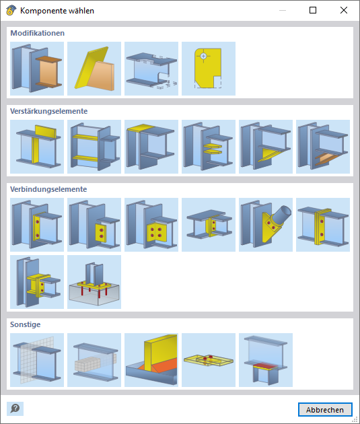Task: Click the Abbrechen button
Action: click(x=325, y=410)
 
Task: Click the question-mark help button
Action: click(x=15, y=409)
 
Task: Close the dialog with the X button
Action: click(x=344, y=10)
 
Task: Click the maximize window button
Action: click(x=313, y=10)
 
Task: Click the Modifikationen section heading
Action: click(x=37, y=33)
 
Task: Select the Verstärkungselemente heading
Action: click(x=48, y=111)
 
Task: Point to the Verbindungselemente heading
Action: click(x=48, y=189)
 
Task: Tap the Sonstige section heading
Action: click(x=25, y=324)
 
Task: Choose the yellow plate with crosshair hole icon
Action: click(x=209, y=69)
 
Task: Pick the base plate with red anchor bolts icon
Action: click(x=94, y=282)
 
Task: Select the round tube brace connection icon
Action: click(x=266, y=225)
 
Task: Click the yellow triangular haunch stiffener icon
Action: click(x=266, y=147)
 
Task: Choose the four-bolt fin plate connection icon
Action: click(x=151, y=225)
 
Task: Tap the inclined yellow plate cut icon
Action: click(x=94, y=69)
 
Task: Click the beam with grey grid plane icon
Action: click(x=37, y=360)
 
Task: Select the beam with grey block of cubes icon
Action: click(x=94, y=360)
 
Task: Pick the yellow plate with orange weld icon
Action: click(x=151, y=360)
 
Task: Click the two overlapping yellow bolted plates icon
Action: click(x=209, y=360)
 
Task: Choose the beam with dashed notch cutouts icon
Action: click(x=151, y=69)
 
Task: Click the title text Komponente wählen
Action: click(x=57, y=11)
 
